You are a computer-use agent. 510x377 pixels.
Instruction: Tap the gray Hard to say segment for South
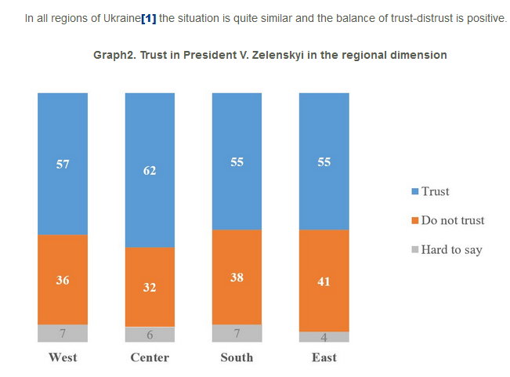pyautogui.click(x=237, y=333)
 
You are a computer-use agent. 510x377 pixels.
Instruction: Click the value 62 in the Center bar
pyautogui.click(x=150, y=169)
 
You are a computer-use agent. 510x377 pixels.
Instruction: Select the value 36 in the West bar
pyautogui.click(x=62, y=280)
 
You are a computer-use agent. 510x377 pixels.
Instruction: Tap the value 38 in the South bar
pyautogui.click(x=237, y=277)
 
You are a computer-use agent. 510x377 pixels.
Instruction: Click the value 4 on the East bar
pyautogui.click(x=324, y=338)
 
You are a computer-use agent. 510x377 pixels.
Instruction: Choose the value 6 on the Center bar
pyautogui.click(x=150, y=335)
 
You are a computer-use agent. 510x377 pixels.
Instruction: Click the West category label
pyautogui.click(x=63, y=357)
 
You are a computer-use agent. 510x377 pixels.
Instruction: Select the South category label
pyautogui.click(x=237, y=357)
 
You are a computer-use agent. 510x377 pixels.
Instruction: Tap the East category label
pyautogui.click(x=324, y=357)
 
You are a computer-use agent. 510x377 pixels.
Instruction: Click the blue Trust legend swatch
pyautogui.click(x=414, y=191)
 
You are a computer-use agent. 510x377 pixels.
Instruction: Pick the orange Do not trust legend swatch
pyautogui.click(x=414, y=220)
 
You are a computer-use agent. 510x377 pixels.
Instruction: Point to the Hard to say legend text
pyautogui.click(x=451, y=250)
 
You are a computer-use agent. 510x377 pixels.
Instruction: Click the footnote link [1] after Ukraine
pyautogui.click(x=148, y=17)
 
